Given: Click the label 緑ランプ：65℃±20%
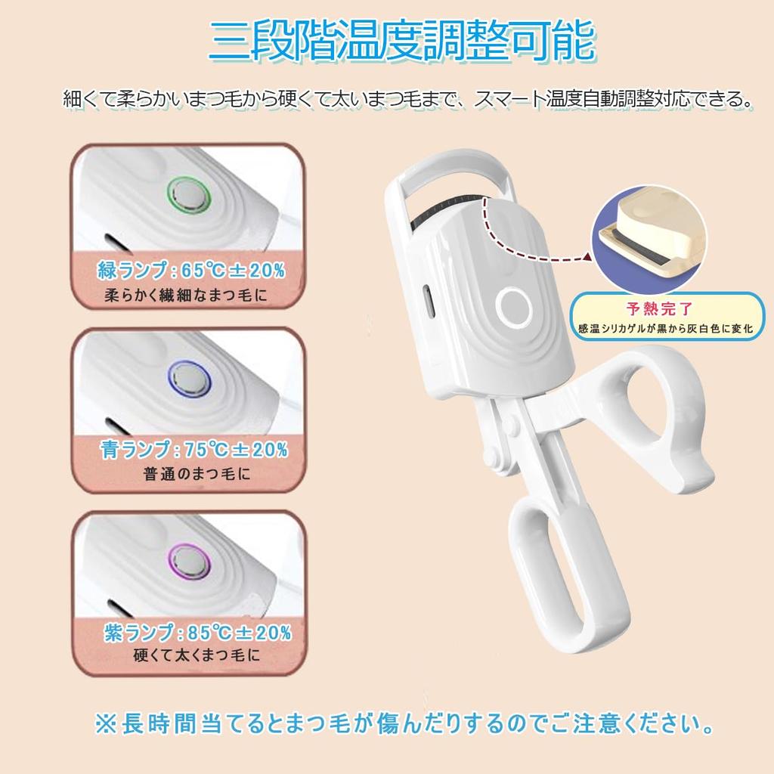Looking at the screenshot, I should click(190, 270).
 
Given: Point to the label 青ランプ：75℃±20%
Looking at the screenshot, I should click(194, 450).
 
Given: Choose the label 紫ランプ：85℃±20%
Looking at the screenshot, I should click(197, 632).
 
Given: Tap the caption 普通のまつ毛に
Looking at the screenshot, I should click(197, 475).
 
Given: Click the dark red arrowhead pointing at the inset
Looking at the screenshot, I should click(587, 258).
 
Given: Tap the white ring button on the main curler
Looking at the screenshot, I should click(514, 307).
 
